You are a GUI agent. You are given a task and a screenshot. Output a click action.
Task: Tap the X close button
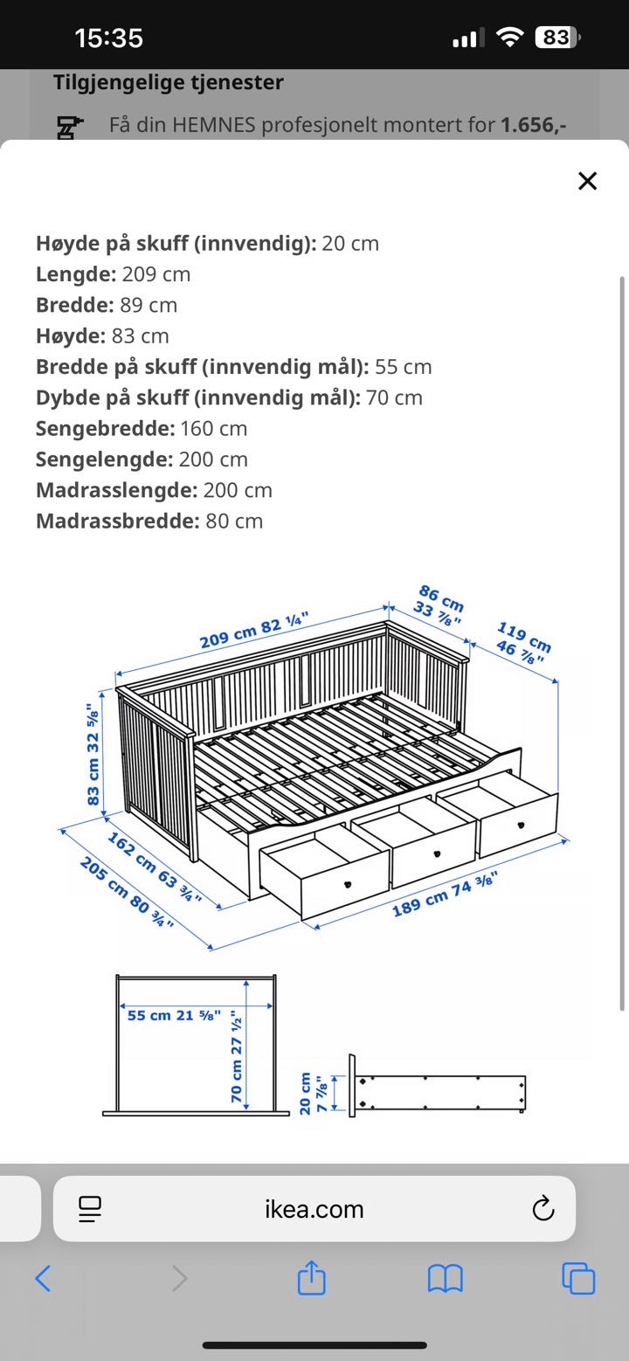pyautogui.click(x=588, y=181)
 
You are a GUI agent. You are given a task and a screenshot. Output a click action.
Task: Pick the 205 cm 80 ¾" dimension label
pyautogui.click(x=126, y=891)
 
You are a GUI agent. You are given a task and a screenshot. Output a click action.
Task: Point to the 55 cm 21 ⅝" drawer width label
pyautogui.click(x=174, y=1015)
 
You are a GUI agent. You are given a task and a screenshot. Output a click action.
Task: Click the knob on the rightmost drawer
pyautogui.click(x=521, y=824)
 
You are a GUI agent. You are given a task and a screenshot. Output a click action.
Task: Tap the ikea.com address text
pyautogui.click(x=314, y=1209)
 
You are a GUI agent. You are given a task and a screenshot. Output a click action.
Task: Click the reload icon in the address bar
pyautogui.click(x=543, y=1209)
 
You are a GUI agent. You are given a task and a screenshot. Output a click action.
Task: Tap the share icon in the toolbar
pyautogui.click(x=311, y=1279)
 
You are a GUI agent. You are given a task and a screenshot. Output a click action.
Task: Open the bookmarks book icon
pyautogui.click(x=445, y=1279)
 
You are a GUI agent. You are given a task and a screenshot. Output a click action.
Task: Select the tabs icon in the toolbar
pyautogui.click(x=578, y=1279)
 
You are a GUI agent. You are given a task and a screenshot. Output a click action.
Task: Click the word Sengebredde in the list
pyautogui.click(x=104, y=428)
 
